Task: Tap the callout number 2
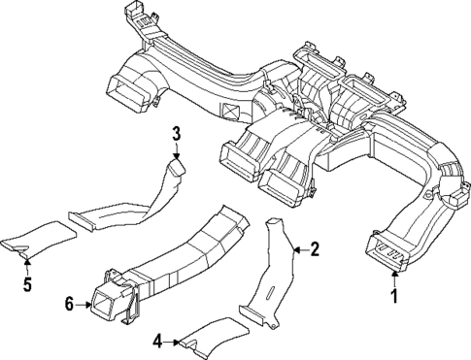coord(314,249)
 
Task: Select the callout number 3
coord(176,133)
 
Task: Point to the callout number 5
coord(26,285)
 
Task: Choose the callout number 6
coord(68,306)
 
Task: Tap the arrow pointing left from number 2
coord(297,249)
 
